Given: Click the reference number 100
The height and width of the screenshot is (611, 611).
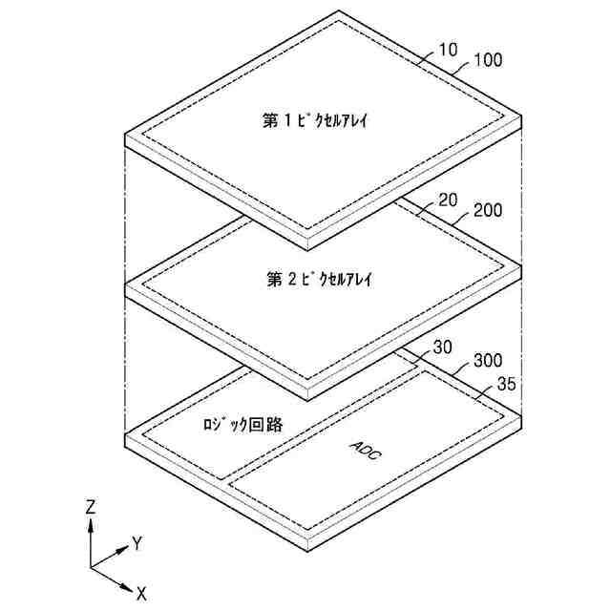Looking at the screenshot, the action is coord(487,61).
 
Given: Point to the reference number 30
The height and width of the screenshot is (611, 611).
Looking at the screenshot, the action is coord(442,348).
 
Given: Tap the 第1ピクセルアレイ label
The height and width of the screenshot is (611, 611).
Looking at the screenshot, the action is coord(315,122).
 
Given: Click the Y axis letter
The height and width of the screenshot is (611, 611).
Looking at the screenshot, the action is coord(137,543).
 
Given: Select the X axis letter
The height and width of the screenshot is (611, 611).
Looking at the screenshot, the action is coord(141,593).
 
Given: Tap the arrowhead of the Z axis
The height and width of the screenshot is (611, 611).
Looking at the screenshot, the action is coord(91,524).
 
